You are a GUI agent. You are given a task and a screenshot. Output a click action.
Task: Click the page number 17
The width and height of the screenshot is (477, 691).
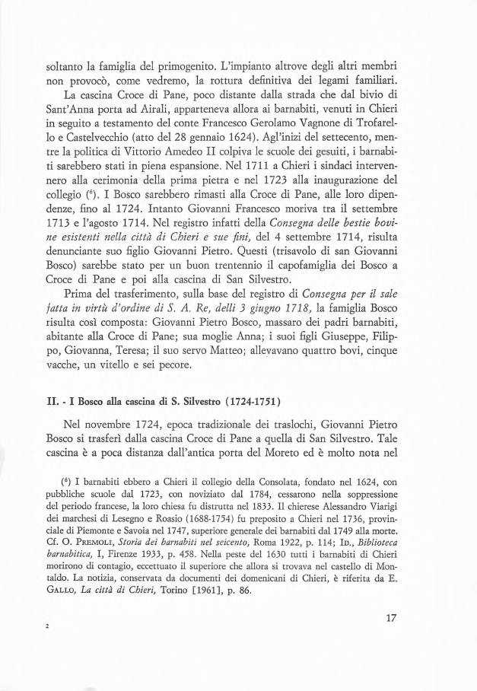pos(392,618)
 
